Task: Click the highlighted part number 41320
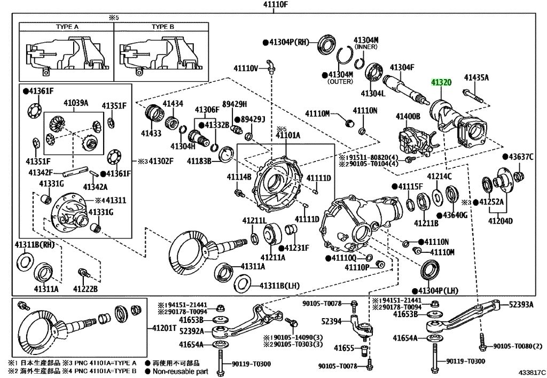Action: pyautogui.click(x=441, y=83)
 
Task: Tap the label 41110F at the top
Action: pyautogui.click(x=273, y=4)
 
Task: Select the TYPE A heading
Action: pyautogui.click(x=67, y=27)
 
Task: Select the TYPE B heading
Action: pyautogui.click(x=163, y=27)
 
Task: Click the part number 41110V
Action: pyautogui.click(x=246, y=68)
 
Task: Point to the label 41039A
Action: pyautogui.click(x=76, y=103)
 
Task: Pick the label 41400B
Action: pyautogui.click(x=408, y=116)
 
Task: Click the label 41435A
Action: pyautogui.click(x=476, y=78)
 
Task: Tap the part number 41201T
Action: pyautogui.click(x=165, y=328)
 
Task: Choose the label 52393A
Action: pyautogui.click(x=521, y=305)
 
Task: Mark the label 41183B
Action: pyautogui.click(x=199, y=161)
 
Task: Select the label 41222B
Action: pyautogui.click(x=85, y=289)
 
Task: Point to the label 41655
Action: pyautogui.click(x=344, y=348)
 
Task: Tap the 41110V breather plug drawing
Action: pyautogui.click(x=270, y=67)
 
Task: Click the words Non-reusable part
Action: pyautogui.click(x=181, y=372)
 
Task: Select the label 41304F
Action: pyautogui.click(x=402, y=67)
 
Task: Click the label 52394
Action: pyautogui.click(x=331, y=321)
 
